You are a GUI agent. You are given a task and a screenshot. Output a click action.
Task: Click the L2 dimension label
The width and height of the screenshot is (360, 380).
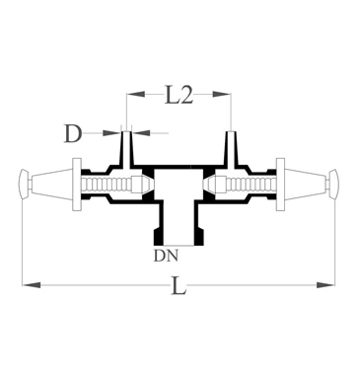pyautogui.click(x=178, y=96)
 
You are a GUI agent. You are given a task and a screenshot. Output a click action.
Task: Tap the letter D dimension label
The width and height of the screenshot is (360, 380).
pyautogui.click(x=72, y=133)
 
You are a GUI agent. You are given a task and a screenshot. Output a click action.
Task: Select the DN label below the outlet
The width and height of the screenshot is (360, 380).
pyautogui.click(x=166, y=256)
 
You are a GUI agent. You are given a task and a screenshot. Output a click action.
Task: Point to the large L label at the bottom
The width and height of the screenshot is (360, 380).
pyautogui.click(x=179, y=285)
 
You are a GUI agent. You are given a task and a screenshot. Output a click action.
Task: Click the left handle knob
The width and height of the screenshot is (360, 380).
pyautogui.click(x=25, y=185)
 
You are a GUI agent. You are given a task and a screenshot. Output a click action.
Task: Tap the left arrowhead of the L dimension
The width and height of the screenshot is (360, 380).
pyautogui.click(x=32, y=285)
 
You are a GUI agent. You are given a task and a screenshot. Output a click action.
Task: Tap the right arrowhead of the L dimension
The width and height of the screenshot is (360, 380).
pyautogui.click(x=325, y=285)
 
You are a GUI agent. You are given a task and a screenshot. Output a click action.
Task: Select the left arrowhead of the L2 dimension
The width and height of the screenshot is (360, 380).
pyautogui.click(x=136, y=94)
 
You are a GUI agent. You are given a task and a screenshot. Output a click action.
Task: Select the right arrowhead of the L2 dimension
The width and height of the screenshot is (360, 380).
pyautogui.click(x=222, y=94)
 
